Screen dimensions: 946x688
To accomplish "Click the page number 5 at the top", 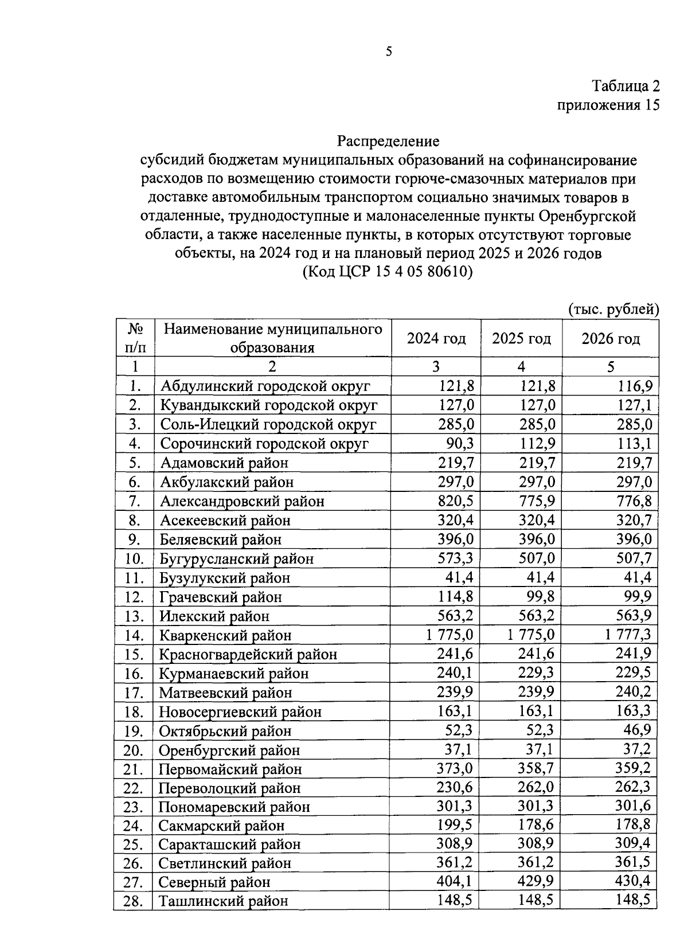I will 389,52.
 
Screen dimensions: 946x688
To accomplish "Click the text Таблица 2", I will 626,86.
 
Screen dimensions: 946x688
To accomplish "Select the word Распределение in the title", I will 388,140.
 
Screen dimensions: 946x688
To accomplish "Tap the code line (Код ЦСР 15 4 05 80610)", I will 388,272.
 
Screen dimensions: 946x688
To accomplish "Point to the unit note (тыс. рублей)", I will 613,310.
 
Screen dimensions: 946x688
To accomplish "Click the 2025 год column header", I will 521,339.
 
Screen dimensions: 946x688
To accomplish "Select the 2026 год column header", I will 611,339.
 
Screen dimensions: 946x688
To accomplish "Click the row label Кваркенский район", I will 225,635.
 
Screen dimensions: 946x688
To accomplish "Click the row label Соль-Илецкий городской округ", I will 268,425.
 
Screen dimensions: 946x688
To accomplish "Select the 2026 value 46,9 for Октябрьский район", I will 637,730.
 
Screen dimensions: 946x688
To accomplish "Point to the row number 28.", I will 133,901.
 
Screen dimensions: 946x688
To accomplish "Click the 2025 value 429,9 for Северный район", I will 536,882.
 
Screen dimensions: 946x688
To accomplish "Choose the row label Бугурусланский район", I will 236,558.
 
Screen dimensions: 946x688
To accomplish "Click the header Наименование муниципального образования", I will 273,338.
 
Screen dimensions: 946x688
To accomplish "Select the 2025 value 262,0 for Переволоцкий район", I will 536,787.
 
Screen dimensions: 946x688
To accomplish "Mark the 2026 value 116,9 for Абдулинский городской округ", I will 634,386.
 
